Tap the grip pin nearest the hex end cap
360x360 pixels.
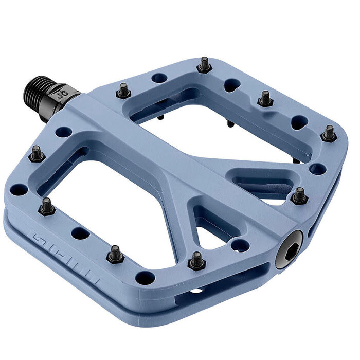point(299,196)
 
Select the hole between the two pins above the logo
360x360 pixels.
point(80,233)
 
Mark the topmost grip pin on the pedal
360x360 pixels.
point(204,65)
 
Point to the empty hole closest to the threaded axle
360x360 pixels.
point(63,132)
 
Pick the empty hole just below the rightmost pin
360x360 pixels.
point(317,169)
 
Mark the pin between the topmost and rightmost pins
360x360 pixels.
point(265,98)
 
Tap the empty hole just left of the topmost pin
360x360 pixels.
point(160,78)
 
